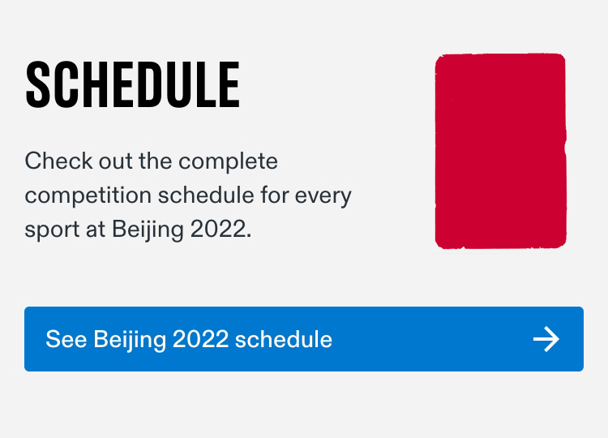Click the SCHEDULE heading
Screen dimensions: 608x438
[x=133, y=84]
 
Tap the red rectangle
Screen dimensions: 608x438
[x=501, y=151]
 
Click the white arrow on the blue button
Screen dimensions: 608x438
[x=546, y=339]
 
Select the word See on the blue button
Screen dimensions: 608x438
[x=66, y=339]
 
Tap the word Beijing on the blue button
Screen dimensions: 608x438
[x=130, y=340]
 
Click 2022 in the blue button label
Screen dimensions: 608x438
[x=200, y=339]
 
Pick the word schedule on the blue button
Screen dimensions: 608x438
[x=284, y=339]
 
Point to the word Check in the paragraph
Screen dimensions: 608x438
[x=59, y=161]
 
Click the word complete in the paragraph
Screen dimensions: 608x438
[x=228, y=161]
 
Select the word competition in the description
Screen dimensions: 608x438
[x=88, y=195]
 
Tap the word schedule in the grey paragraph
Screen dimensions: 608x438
[x=206, y=195]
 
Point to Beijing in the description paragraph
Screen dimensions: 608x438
[x=148, y=230]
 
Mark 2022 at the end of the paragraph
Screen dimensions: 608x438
[x=218, y=229]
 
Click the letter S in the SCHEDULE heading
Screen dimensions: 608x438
[x=38, y=84]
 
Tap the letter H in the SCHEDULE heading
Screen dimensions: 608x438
[x=98, y=84]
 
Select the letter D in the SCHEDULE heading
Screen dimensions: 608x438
[x=156, y=84]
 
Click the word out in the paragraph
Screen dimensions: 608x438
[x=116, y=161]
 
